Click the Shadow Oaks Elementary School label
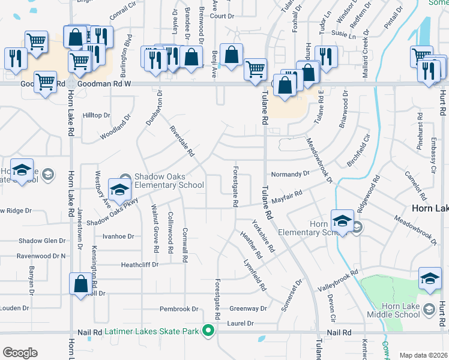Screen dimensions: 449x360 169,181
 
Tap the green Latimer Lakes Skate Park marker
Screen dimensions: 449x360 208,331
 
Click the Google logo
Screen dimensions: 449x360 20,353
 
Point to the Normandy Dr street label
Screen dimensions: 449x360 291,173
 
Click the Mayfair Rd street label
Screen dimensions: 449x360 288,195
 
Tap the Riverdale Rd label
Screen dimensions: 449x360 181,142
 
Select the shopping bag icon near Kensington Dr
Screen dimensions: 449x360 80,284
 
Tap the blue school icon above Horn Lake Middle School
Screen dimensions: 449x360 430,278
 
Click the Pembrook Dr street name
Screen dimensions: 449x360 179,309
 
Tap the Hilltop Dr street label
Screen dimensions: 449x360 97,115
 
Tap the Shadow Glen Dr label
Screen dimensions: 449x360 41,241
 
